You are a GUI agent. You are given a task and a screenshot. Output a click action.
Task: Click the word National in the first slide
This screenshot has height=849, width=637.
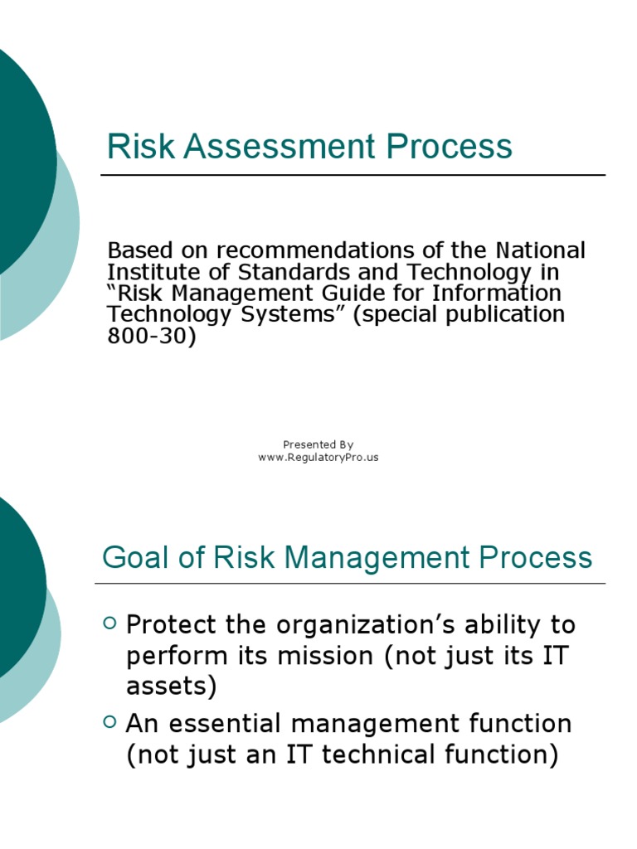point(541,250)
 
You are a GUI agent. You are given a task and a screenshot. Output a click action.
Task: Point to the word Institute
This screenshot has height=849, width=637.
point(147,272)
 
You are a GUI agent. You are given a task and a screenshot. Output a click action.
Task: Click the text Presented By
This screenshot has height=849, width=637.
point(318,444)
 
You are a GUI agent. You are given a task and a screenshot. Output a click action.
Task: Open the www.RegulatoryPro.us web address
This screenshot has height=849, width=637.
point(318,458)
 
